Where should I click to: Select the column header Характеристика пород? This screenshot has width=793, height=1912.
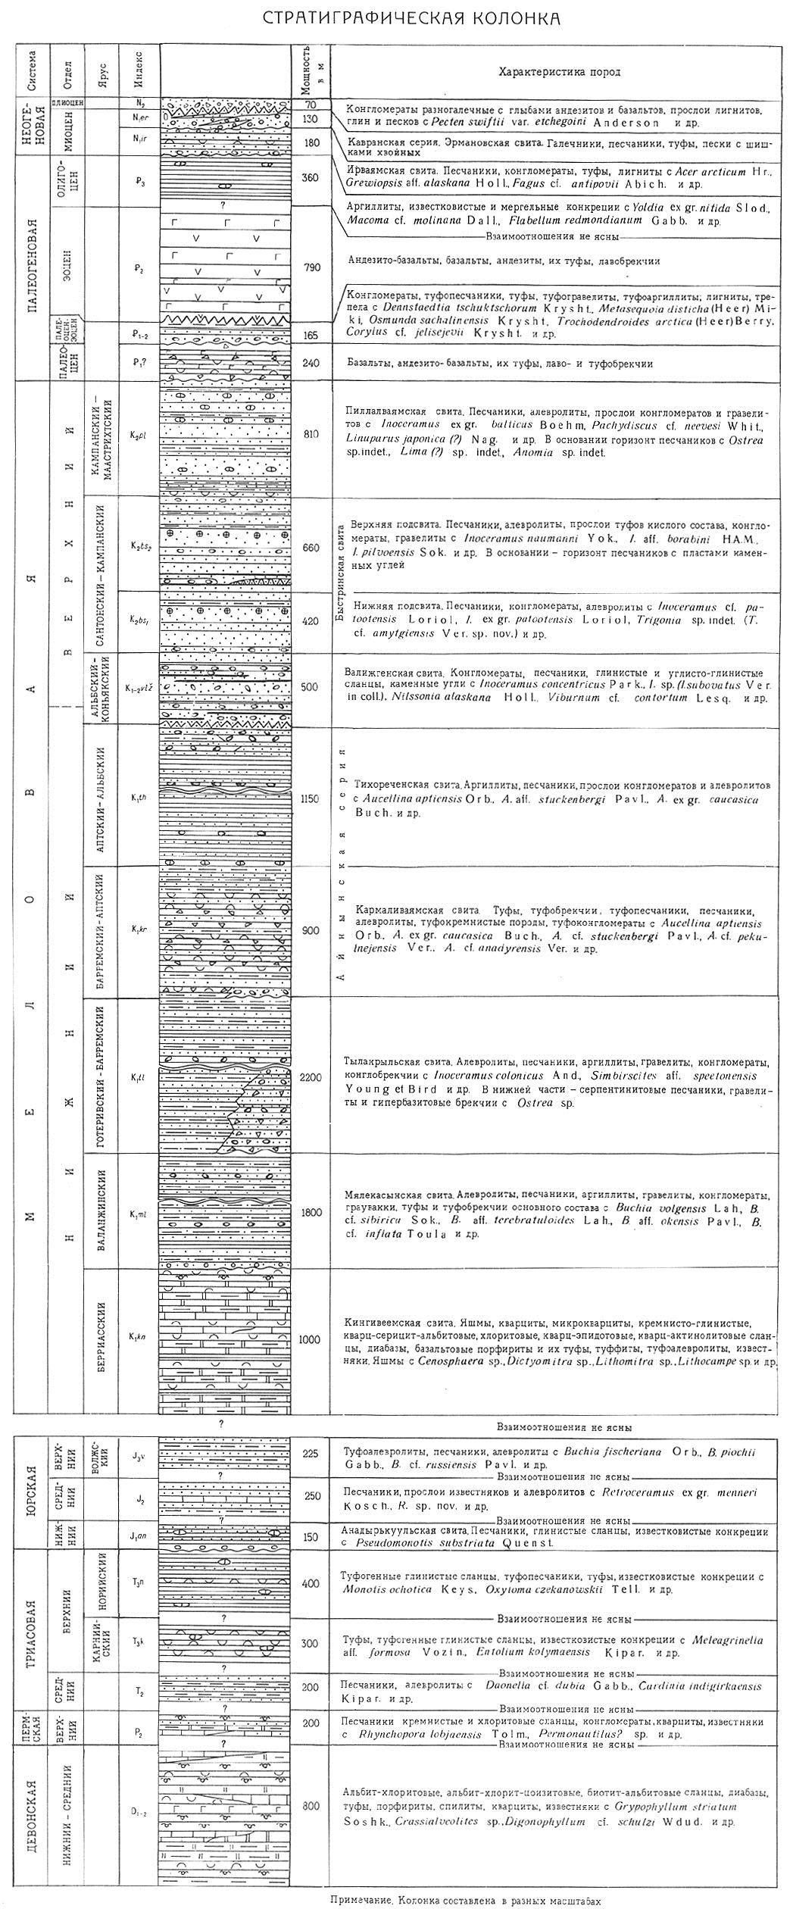tap(559, 73)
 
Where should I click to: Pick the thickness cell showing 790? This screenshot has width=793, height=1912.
tap(311, 267)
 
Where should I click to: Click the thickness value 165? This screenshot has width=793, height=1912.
tap(311, 334)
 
